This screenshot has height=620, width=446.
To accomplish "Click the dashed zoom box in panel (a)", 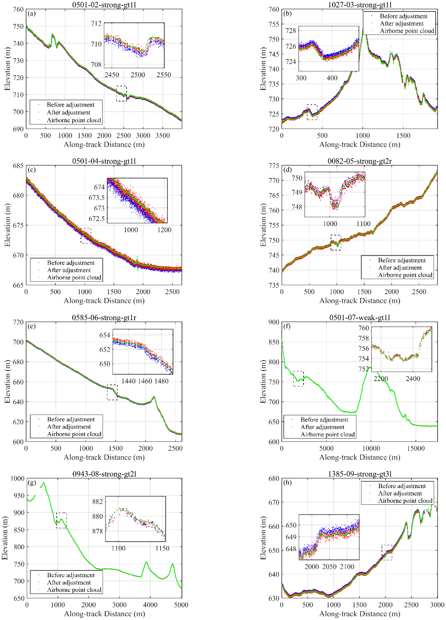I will point(121,94).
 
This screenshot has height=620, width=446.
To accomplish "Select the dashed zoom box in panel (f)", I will point(298,379).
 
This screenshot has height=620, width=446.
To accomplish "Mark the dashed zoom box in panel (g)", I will point(61,520).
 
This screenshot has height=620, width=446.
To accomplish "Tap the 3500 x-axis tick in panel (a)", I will point(163,136).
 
